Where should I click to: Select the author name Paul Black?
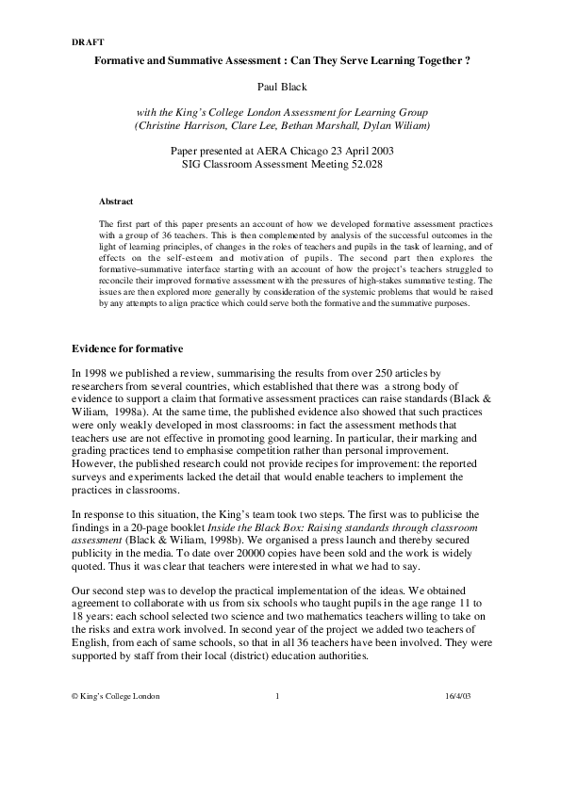280,85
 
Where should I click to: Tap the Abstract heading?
116,202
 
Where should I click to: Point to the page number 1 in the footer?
278,748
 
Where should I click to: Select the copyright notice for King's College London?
115,748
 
